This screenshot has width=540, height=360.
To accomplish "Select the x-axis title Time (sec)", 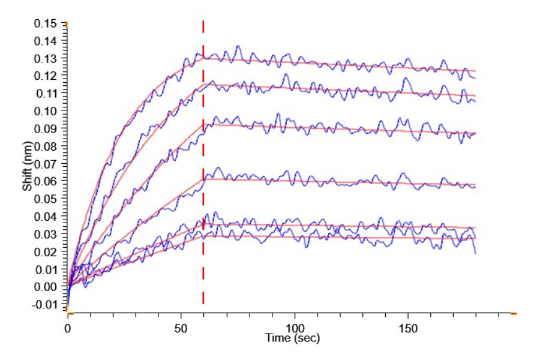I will point(293,338).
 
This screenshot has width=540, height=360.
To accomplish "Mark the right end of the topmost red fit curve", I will point(475,71).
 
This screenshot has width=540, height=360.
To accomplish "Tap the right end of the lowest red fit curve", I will point(475,239).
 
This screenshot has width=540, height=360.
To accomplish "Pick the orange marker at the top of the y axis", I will point(67,24).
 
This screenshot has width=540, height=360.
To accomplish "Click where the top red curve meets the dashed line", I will point(203,58).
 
